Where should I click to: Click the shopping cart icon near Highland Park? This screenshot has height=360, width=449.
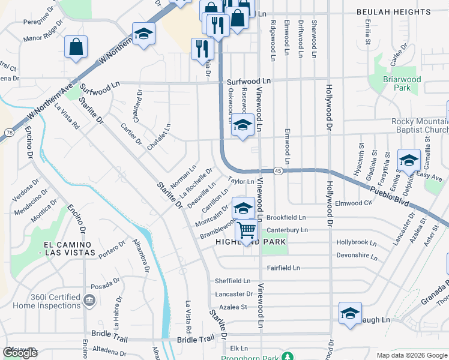tap(246, 229)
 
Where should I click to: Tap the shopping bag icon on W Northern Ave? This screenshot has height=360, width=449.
tap(76, 47)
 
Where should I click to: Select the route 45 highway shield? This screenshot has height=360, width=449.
tap(278, 170)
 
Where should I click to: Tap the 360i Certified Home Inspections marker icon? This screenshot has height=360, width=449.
tap(89, 300)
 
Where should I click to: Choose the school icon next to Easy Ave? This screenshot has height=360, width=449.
tap(409, 161)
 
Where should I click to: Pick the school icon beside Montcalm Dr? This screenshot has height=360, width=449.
tap(243, 208)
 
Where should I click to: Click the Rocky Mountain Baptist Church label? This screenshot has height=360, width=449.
tap(420, 126)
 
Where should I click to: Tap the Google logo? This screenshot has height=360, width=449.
tap(20, 353)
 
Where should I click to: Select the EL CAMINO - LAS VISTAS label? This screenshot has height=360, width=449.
tap(70, 248)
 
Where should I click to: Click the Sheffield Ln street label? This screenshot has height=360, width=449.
tap(232, 281)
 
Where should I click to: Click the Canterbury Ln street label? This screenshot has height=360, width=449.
tap(287, 230)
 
